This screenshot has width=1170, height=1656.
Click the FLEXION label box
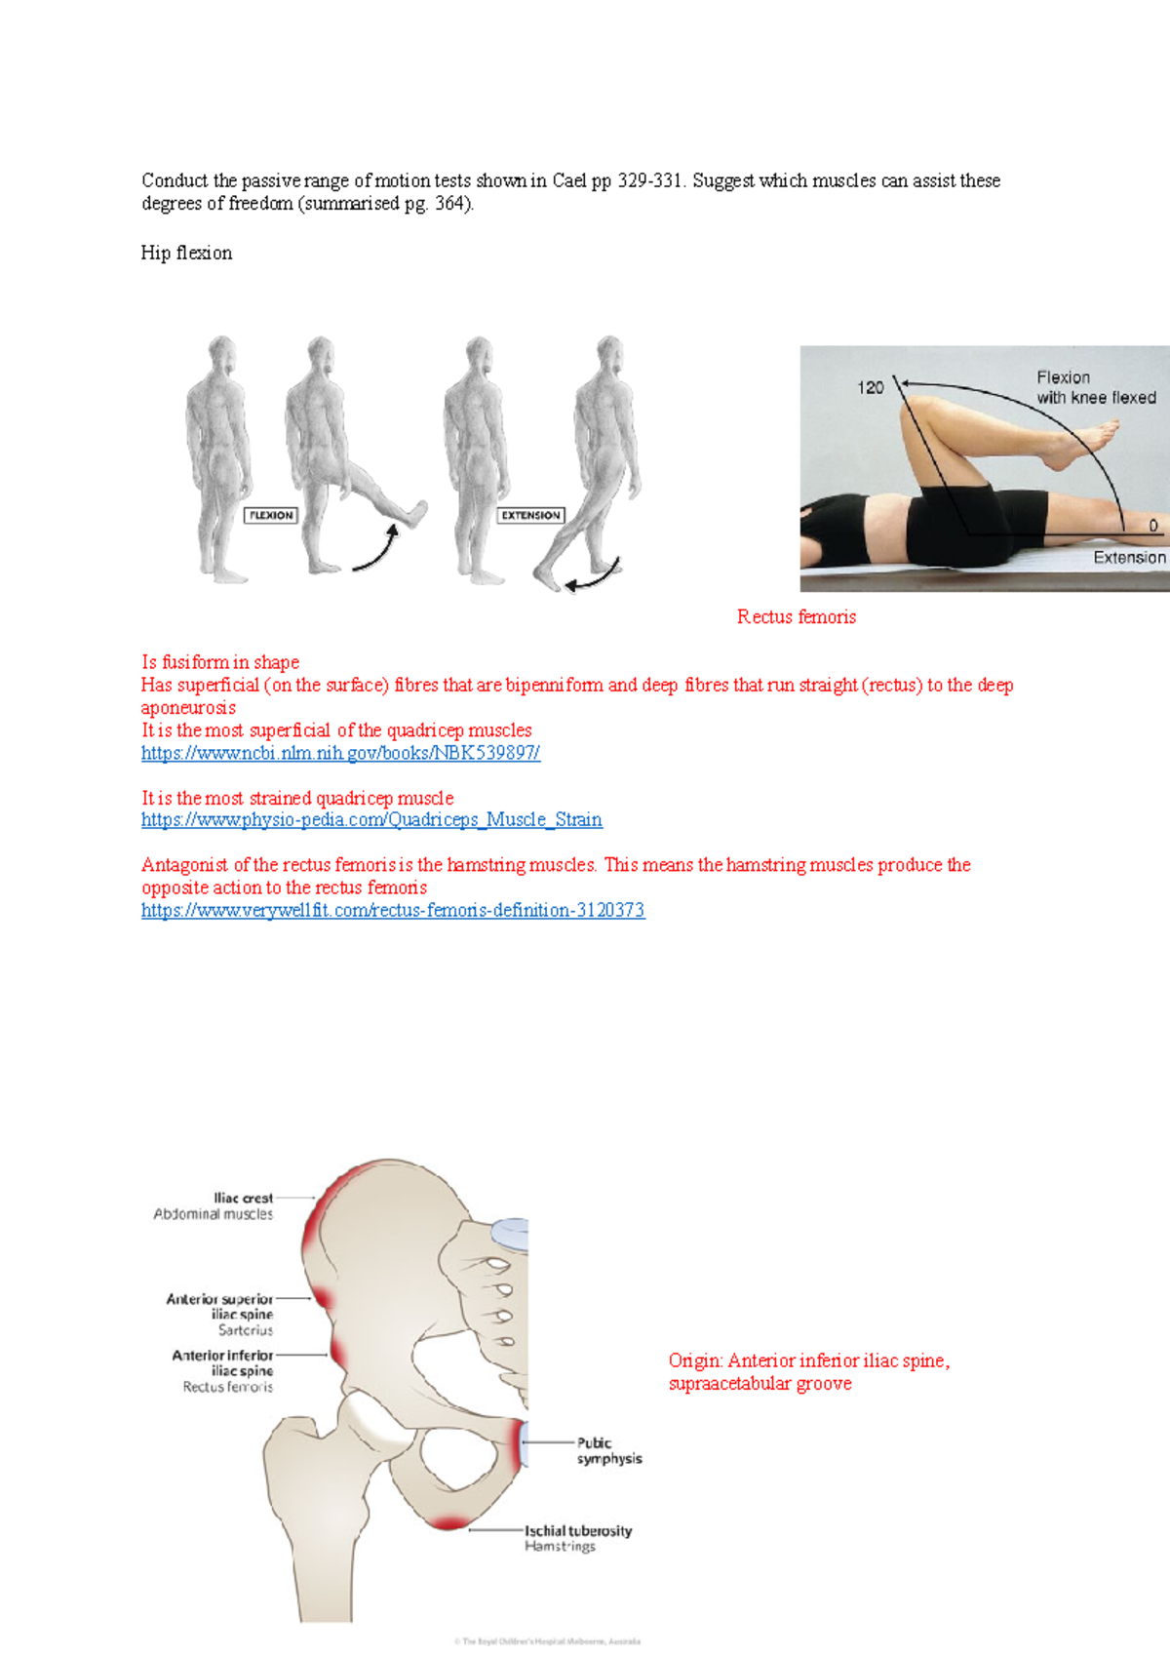(270, 515)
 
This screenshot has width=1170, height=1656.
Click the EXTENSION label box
(530, 515)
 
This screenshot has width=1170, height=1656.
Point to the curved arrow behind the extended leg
(594, 576)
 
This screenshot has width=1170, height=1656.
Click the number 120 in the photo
(870, 388)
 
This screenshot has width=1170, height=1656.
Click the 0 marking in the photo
(1153, 526)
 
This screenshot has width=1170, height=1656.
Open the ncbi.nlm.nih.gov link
(340, 753)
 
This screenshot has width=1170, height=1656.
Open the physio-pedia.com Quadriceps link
(371, 820)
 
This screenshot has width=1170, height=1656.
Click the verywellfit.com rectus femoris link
(393, 911)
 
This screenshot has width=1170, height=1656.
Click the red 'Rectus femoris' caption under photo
(797, 616)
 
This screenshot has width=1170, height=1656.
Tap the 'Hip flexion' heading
(186, 253)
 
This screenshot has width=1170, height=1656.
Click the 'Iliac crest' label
(244, 1198)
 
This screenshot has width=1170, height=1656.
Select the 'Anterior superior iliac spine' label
(220, 1307)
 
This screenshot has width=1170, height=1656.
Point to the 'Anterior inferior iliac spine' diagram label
(223, 1362)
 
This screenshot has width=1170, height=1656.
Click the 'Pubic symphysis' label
(608, 1451)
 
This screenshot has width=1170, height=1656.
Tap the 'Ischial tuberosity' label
(578, 1531)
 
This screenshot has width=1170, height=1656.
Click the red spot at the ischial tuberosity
(449, 1522)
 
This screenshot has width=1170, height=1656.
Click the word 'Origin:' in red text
(695, 1361)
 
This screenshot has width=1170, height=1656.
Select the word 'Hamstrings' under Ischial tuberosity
(560, 1547)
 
